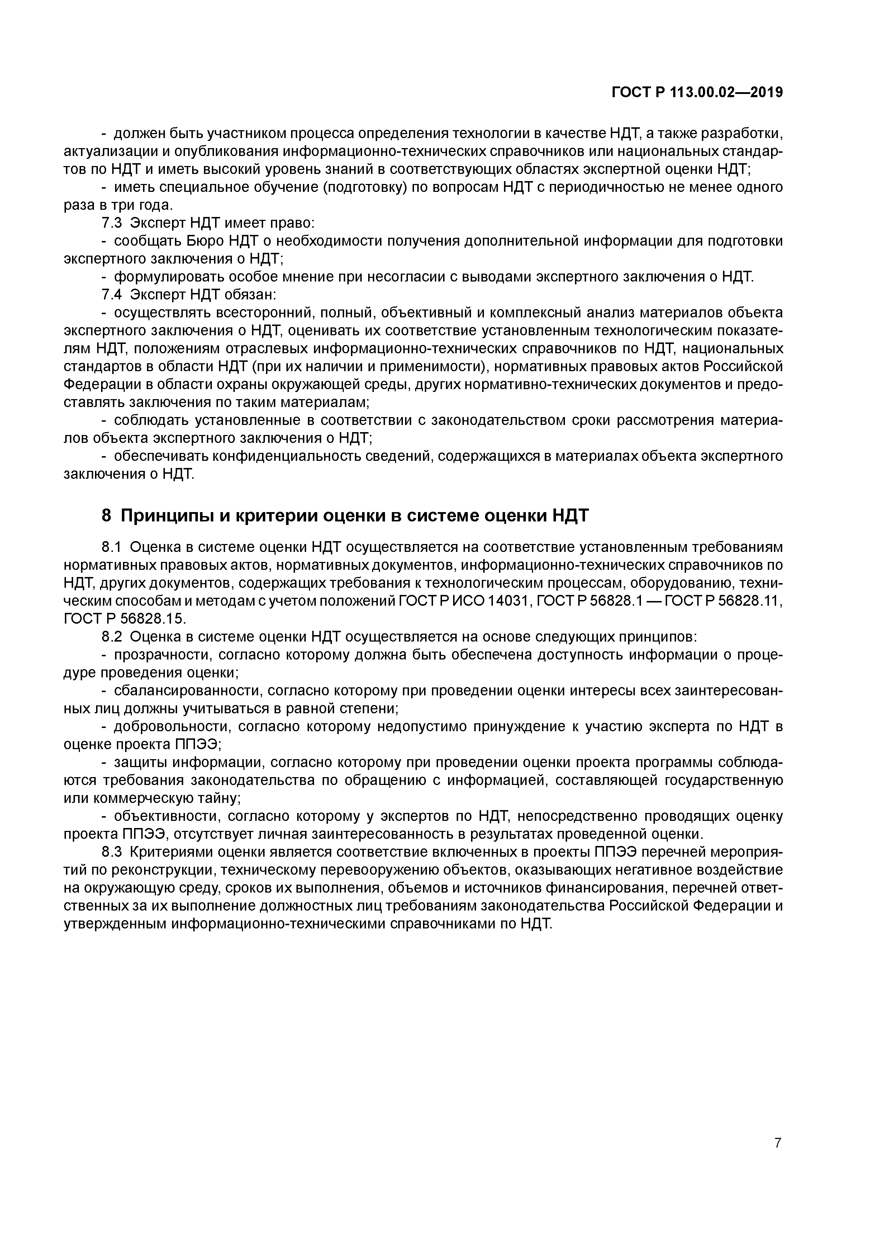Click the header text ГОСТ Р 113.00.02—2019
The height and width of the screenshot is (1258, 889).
tap(697, 93)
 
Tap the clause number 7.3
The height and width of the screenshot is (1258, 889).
tap(112, 223)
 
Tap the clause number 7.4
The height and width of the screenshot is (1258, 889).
tap(112, 295)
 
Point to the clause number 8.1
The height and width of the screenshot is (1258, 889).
tap(112, 547)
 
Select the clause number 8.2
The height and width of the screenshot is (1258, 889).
tap(112, 637)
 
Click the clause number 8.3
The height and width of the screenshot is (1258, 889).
tap(112, 852)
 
